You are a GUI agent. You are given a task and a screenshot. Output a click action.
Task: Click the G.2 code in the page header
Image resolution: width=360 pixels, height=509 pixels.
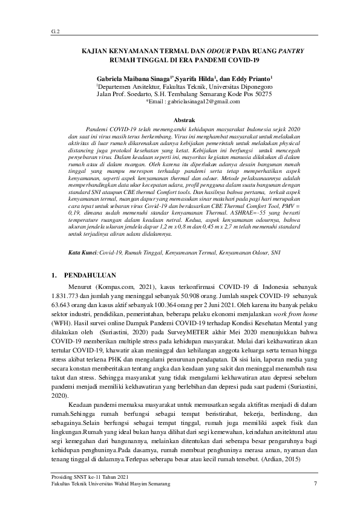point(54,30)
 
